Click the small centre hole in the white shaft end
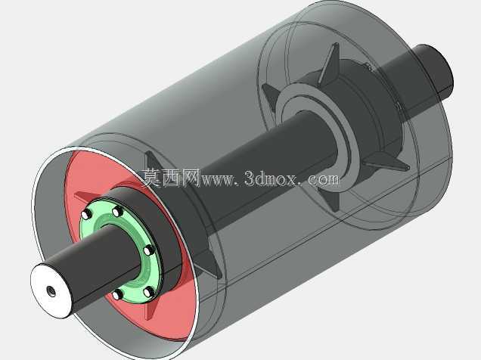pyautogui.click(x=51, y=291)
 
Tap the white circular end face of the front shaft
pyautogui.click(x=51, y=290)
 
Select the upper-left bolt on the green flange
pyautogui.click(x=86, y=215)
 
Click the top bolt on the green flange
pyautogui.click(x=117, y=211)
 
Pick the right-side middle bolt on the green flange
pyautogui.click(x=149, y=250)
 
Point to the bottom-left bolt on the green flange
pyautogui.click(x=117, y=295)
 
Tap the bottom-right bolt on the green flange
pyautogui.click(x=149, y=292)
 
